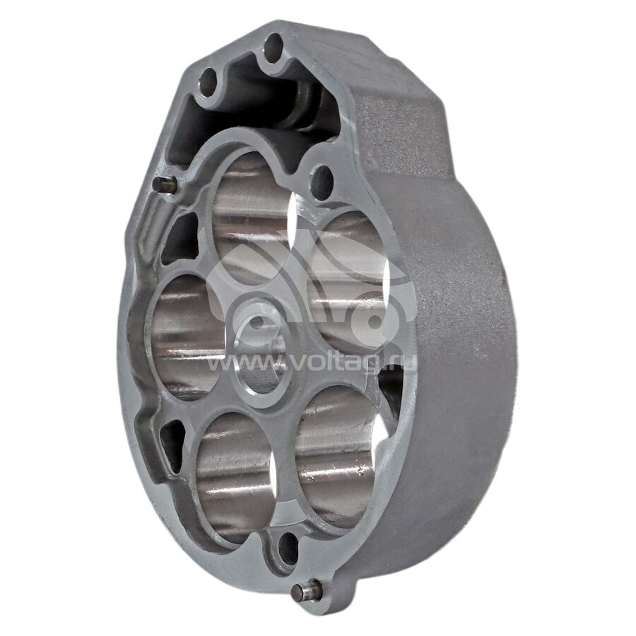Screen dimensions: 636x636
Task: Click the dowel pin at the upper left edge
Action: coord(165,185)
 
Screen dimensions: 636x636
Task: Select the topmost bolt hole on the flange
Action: coord(273,48)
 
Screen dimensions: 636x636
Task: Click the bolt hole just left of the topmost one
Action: coord(208,82)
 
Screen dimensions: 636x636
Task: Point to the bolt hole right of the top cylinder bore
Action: coord(322,182)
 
